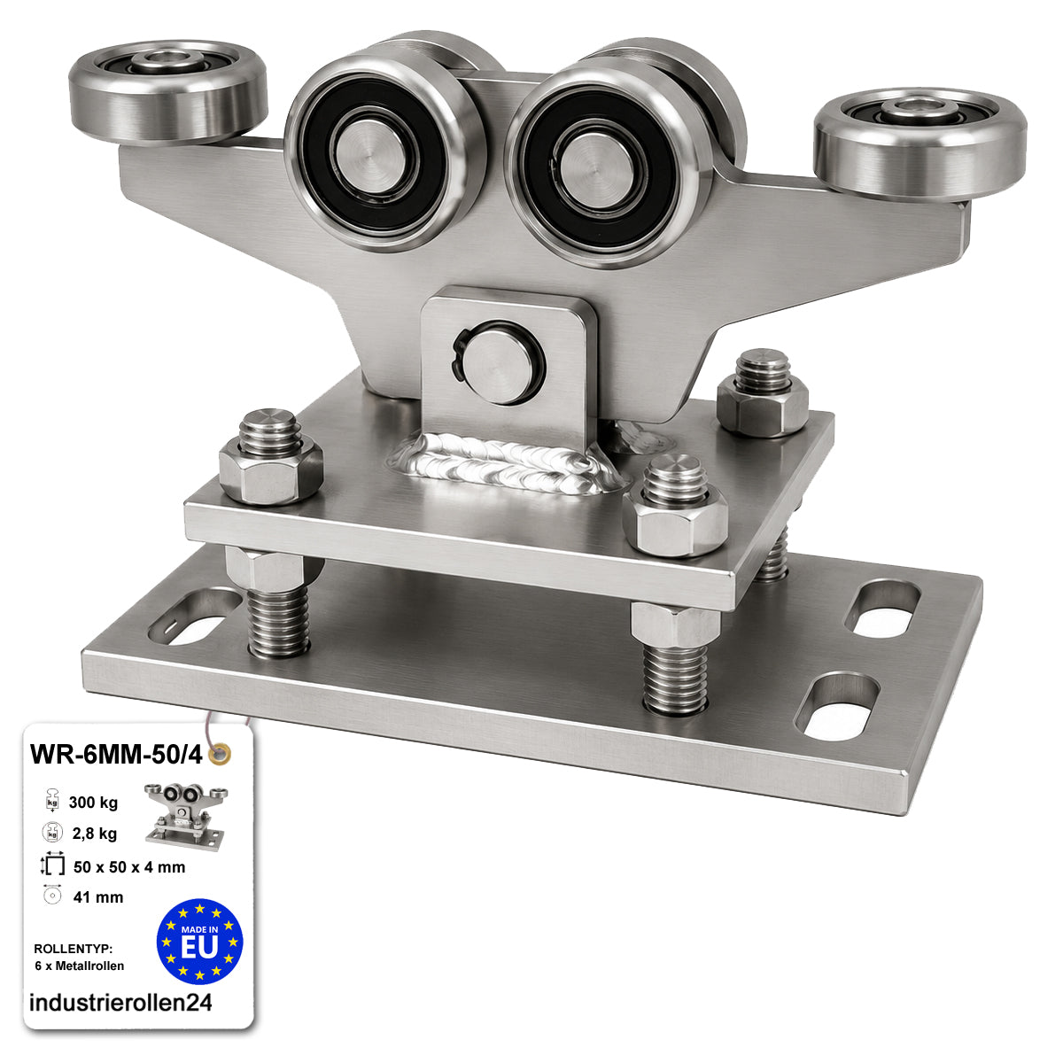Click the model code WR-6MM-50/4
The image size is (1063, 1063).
[x=116, y=755]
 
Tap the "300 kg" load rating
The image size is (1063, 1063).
[x=93, y=803]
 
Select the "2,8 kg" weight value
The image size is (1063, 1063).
[x=94, y=834]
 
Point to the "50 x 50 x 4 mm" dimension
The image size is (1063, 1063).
[x=129, y=867]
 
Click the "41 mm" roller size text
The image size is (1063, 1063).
[x=98, y=897]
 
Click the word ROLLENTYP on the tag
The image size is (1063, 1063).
[x=74, y=949]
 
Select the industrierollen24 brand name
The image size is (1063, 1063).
[x=120, y=1002]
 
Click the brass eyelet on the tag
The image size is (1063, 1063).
[x=220, y=753]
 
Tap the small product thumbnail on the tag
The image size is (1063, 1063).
[x=186, y=817]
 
